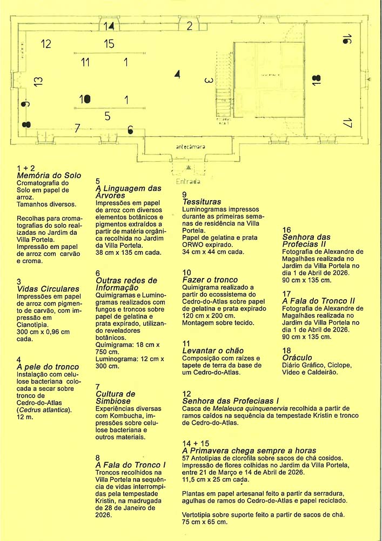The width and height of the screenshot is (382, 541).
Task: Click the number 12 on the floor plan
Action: (x=46, y=44)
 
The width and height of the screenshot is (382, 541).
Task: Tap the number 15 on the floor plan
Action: (x=109, y=44)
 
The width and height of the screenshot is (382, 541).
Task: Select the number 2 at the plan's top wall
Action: (x=190, y=26)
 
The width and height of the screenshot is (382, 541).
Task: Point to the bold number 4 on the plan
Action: (x=177, y=74)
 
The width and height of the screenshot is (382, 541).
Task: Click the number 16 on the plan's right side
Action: (x=347, y=39)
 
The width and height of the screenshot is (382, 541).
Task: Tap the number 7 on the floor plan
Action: (x=77, y=128)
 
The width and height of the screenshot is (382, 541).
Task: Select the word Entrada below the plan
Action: (x=188, y=181)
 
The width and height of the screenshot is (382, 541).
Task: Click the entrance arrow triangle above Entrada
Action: (x=189, y=167)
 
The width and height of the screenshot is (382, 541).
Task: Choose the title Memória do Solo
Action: (x=49, y=175)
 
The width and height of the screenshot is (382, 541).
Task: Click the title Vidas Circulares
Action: (x=48, y=289)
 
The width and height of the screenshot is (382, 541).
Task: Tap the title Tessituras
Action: (x=202, y=202)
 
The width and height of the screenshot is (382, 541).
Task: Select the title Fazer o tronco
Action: (x=210, y=280)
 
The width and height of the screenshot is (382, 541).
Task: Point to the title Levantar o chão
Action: (x=213, y=351)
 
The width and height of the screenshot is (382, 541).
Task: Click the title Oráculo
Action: (x=297, y=358)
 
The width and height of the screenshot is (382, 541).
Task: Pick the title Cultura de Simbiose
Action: (x=116, y=398)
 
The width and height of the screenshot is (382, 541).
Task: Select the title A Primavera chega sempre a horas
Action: (x=249, y=451)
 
